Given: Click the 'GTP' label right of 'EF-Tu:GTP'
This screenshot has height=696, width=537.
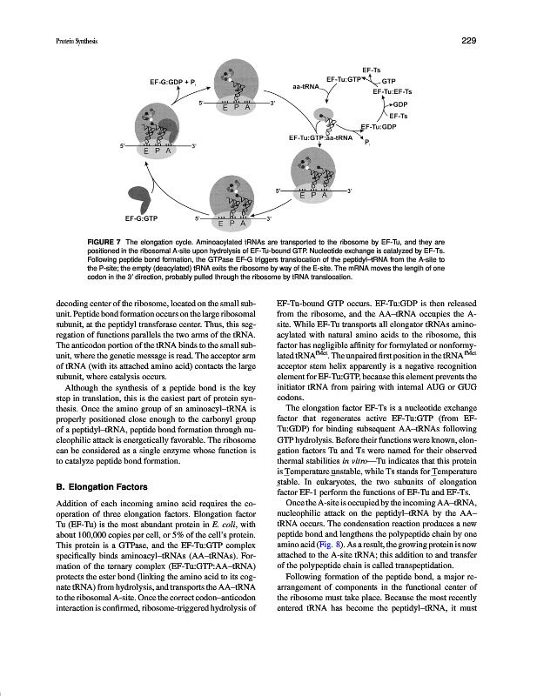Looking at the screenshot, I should (x=388, y=80).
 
